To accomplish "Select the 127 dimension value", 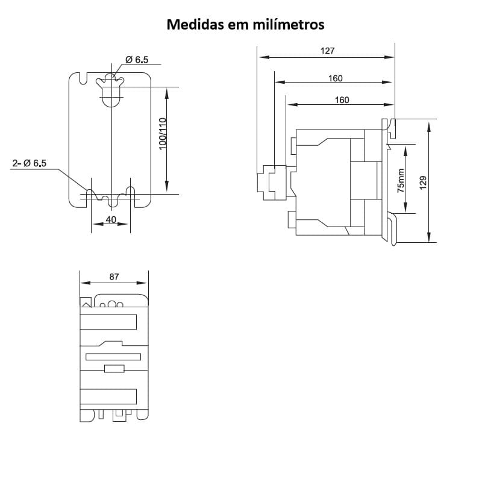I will point(327,51).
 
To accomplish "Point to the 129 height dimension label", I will point(423,183).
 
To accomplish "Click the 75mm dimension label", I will point(402,179).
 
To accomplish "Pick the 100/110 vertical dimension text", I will point(162,133).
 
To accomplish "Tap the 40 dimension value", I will point(111,220).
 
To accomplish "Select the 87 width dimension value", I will point(114,277).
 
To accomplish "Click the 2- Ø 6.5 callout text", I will point(30,163).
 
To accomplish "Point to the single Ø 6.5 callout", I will point(137,60).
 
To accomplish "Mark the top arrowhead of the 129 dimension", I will point(428,125).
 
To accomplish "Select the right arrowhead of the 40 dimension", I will point(126,225).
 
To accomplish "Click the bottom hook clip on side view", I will point(392,229).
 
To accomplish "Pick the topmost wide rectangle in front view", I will point(108,322).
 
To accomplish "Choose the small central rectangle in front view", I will point(114,369).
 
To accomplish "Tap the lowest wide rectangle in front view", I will point(108,396).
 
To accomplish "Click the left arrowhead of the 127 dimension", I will point(263,57).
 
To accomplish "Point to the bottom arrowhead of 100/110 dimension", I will point(167,189).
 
